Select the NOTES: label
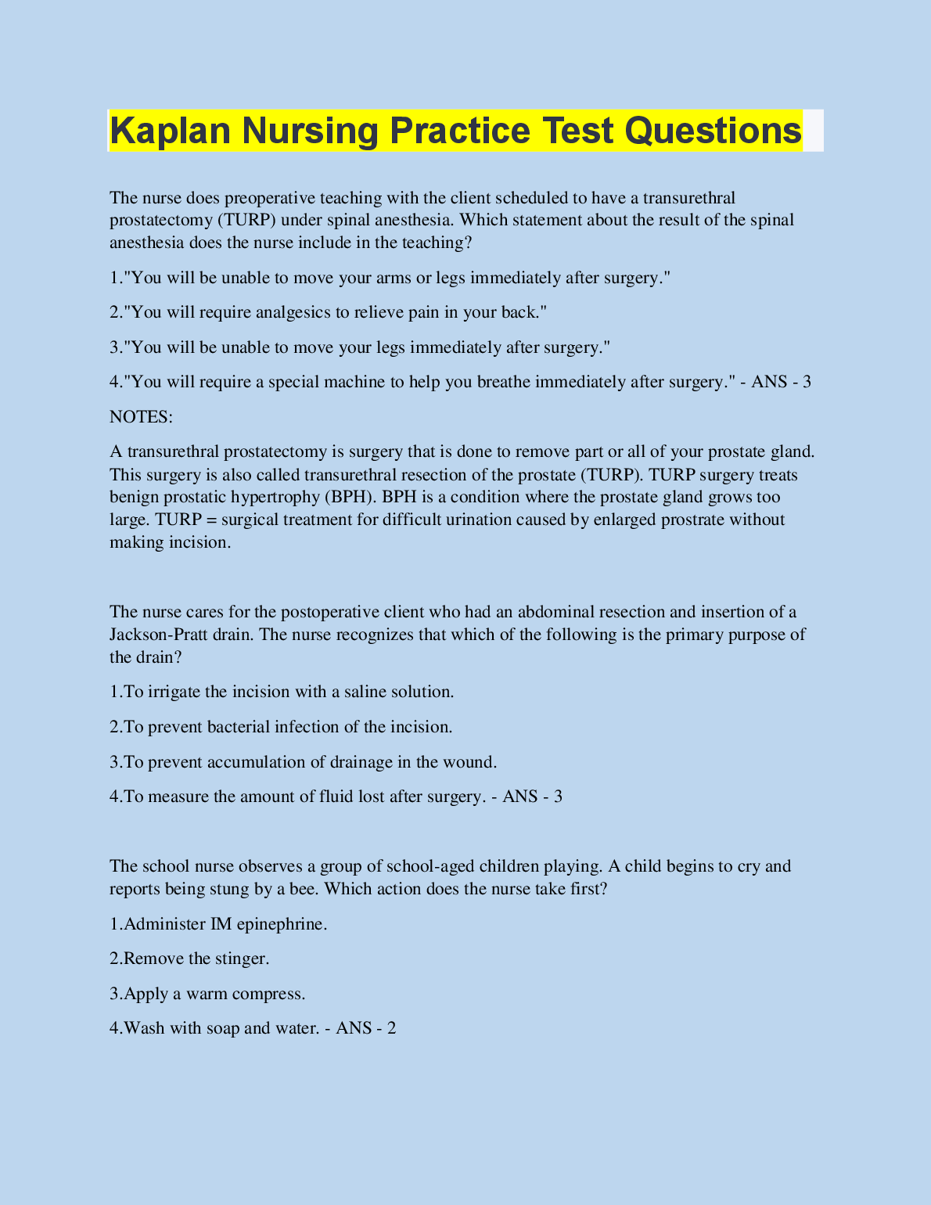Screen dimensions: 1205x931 pyautogui.click(x=141, y=417)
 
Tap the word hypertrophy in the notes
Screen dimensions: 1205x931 pyautogui.click(x=275, y=497)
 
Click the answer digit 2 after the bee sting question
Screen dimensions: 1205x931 pyautogui.click(x=391, y=1028)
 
